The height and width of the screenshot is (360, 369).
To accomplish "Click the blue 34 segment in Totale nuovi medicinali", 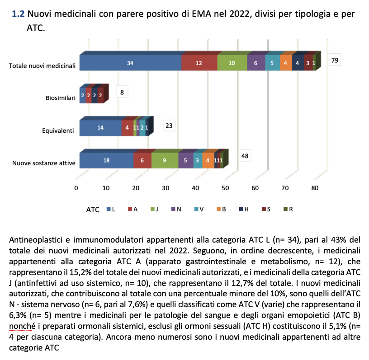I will [x=130, y=63].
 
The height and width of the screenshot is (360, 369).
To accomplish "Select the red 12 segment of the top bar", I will [x=199, y=63].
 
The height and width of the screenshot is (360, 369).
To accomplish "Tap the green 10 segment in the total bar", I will [x=232, y=63].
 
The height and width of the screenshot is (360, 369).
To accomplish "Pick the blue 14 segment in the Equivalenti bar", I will [x=100, y=128].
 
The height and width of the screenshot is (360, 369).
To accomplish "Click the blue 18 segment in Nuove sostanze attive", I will [x=106, y=160].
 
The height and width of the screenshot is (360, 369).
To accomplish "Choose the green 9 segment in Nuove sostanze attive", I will [x=165, y=160].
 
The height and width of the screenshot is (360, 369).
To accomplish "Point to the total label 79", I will [x=335, y=60].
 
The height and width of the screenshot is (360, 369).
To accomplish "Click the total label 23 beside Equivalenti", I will [x=169, y=126].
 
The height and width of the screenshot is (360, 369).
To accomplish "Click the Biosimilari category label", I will [x=60, y=97].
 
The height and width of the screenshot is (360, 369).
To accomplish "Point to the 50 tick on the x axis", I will [x=225, y=188].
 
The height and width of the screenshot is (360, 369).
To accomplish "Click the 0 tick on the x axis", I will [x=76, y=188].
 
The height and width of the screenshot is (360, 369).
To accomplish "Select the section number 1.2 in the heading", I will [x=19, y=14].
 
